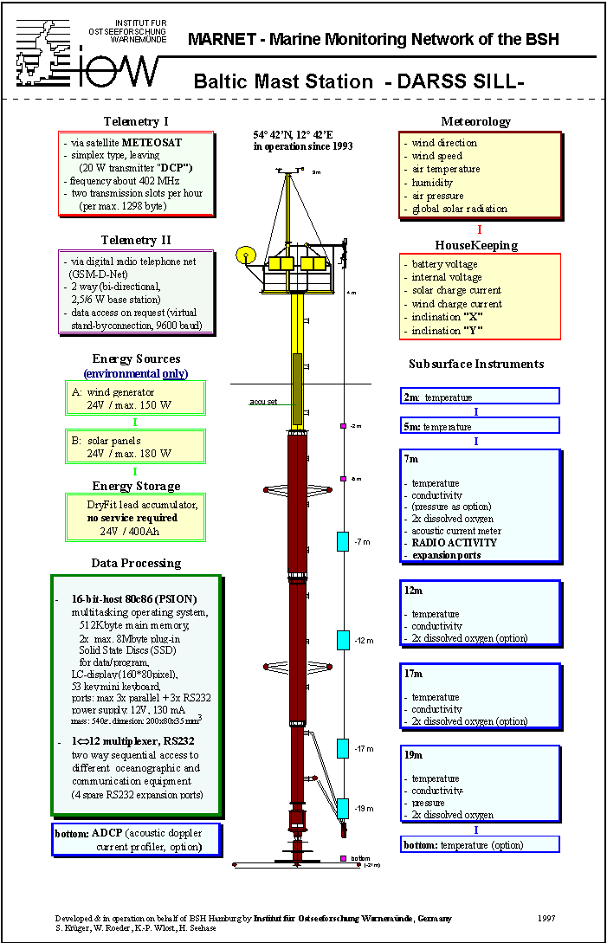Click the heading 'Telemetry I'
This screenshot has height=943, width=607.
[136, 121]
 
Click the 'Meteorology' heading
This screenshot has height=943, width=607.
[475, 121]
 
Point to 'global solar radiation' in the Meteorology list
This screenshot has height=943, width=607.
[459, 209]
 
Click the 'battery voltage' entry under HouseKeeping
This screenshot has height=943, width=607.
[444, 264]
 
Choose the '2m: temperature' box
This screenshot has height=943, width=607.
[480, 397]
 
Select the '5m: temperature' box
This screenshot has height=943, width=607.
[480, 426]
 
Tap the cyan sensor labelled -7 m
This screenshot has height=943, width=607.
[342, 542]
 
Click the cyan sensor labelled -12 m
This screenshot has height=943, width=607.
[342, 641]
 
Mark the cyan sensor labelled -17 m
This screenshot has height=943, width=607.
[342, 748]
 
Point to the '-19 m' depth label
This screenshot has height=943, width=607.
[363, 809]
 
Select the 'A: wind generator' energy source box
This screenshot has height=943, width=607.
[133, 397]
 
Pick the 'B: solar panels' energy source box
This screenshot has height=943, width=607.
[133, 447]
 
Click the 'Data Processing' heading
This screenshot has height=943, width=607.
[136, 563]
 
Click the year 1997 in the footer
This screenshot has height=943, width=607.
[546, 918]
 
